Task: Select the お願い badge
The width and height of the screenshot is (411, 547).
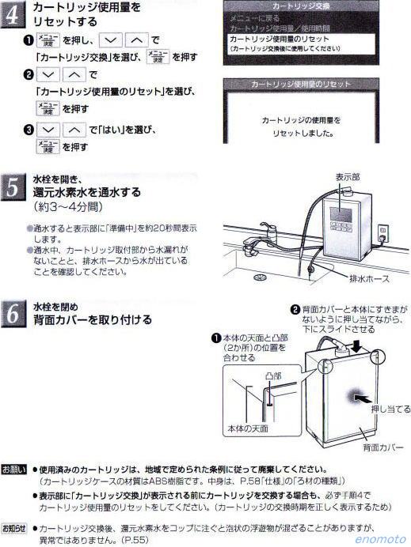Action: pos(15,469)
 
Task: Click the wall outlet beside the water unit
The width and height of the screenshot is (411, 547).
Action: pos(384,233)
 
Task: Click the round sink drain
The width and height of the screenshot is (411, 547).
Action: pos(260,277)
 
